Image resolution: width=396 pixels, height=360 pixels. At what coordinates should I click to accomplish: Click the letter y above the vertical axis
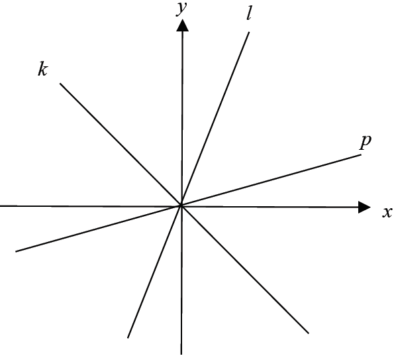[181, 10]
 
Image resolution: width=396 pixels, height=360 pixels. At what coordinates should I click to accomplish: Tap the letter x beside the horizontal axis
[387, 212]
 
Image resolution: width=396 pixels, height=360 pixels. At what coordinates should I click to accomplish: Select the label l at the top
[249, 15]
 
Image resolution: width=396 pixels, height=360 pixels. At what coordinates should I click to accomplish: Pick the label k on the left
[42, 69]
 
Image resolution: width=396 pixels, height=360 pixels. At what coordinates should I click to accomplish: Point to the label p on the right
[366, 142]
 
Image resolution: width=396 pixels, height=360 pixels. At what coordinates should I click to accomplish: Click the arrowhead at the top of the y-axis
[182, 26]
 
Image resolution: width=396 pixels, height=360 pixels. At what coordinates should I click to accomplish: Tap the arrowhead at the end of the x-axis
[364, 208]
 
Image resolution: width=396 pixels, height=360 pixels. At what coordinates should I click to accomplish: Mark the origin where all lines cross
[181, 206]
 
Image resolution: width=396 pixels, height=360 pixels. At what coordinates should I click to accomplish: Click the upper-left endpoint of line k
[60, 84]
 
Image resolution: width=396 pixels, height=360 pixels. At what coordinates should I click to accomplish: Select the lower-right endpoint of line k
[309, 333]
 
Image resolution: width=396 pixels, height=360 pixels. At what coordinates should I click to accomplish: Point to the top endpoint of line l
[249, 32]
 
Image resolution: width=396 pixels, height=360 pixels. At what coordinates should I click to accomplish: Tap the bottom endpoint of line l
[128, 337]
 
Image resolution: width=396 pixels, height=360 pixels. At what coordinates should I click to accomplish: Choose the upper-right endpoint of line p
[361, 154]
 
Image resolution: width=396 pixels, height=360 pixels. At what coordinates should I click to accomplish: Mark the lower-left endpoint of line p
[16, 251]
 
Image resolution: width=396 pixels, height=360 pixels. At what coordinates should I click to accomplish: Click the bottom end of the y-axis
[181, 354]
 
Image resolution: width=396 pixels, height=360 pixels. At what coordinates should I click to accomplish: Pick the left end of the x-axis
[1, 206]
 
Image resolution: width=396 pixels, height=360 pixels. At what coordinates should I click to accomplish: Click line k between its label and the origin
[121, 145]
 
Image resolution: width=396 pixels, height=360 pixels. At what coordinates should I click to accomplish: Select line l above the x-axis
[215, 119]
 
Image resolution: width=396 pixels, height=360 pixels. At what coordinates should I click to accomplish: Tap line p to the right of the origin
[271, 180]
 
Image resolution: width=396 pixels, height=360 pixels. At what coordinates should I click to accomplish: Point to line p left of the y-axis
[99, 229]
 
